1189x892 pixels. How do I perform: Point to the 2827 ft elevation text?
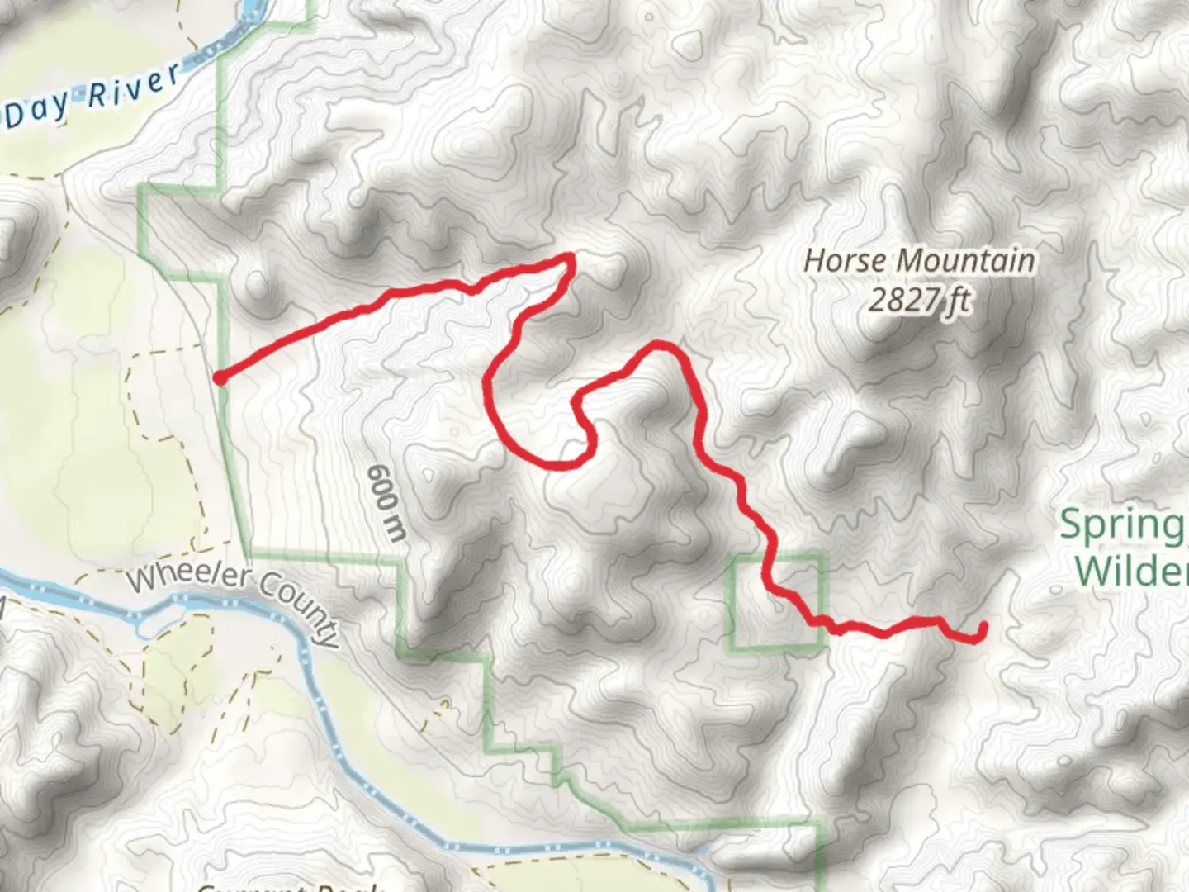pos(918,300)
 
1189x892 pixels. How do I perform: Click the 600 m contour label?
pos(386,502)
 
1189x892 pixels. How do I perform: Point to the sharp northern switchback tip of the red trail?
pos(569,259)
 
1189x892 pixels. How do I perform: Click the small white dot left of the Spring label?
pos(1058,590)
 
